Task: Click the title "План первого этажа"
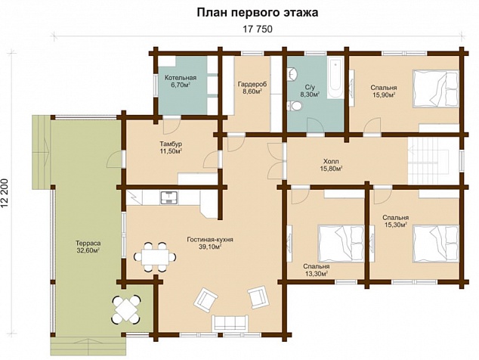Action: click(x=257, y=13)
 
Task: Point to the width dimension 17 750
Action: click(x=257, y=29)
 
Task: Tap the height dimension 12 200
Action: click(x=5, y=194)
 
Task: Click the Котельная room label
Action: click(x=181, y=78)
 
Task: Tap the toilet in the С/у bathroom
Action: click(x=295, y=106)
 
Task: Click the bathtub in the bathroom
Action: click(x=335, y=78)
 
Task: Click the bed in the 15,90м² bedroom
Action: click(x=436, y=88)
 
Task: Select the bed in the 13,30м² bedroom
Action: click(x=341, y=244)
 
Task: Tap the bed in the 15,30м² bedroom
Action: click(x=436, y=244)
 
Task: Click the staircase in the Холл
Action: click(x=428, y=161)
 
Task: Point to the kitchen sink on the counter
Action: click(x=169, y=197)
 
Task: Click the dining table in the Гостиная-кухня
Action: click(x=156, y=256)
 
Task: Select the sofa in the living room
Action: click(x=230, y=323)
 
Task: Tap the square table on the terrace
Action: click(x=126, y=309)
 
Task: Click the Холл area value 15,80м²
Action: click(x=332, y=168)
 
